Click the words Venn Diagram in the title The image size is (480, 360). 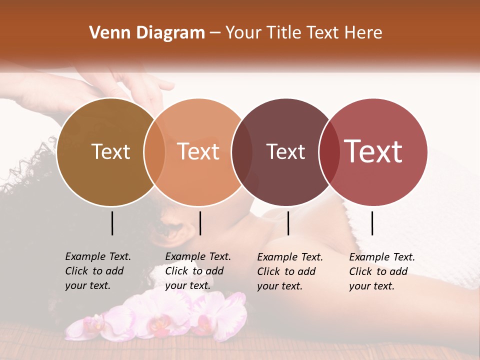tap(147, 33)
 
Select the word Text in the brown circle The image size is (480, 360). tap(110, 151)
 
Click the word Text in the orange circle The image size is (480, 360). tap(198, 151)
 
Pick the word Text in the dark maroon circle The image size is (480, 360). tap(285, 151)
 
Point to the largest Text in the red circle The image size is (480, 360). tap(373, 151)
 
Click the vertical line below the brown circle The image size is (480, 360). tap(112, 223)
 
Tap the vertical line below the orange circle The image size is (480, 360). tap(200, 223)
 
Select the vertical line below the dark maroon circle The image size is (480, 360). tap(288, 223)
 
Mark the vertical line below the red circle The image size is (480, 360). tap(372, 223)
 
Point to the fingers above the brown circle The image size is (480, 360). tap(145, 87)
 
